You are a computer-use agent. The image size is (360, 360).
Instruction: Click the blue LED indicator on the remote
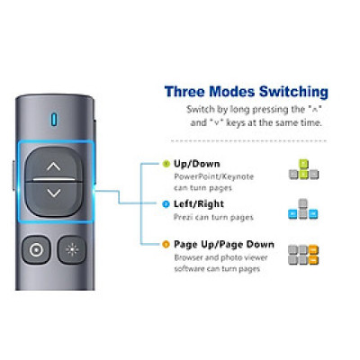click(54, 120)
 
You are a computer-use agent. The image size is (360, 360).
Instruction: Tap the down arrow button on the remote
click(54, 198)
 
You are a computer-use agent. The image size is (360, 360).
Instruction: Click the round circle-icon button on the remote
click(36, 250)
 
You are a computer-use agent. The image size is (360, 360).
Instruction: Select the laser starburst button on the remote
click(72, 249)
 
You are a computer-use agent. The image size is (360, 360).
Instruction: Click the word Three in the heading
click(184, 92)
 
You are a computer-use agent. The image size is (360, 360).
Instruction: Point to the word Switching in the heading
click(293, 92)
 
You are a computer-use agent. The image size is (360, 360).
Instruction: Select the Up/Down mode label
click(197, 164)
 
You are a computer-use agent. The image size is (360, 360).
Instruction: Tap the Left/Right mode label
click(199, 204)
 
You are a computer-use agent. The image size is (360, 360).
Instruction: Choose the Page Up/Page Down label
click(224, 245)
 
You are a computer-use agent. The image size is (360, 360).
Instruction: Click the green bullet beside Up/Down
click(166, 164)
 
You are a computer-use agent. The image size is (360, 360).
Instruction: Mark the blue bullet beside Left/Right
click(166, 204)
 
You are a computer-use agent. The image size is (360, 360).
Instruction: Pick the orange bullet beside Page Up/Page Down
click(166, 245)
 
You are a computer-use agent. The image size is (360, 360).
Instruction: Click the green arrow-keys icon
click(303, 169)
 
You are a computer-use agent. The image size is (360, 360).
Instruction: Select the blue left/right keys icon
click(303, 209)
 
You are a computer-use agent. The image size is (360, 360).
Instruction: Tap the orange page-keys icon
click(303, 255)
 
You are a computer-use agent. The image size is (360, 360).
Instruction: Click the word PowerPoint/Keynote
click(214, 176)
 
